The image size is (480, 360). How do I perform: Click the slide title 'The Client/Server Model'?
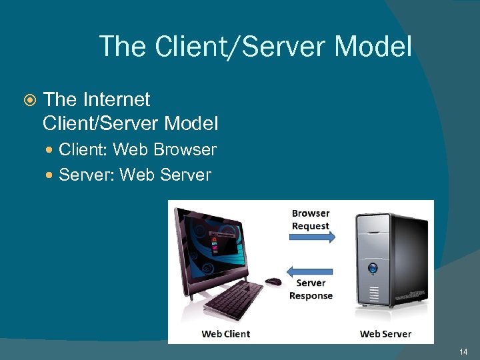point(255,46)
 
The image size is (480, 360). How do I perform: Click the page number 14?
point(464,351)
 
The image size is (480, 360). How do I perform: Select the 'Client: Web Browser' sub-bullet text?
point(137,150)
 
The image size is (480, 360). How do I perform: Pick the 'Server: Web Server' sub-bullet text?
point(135,175)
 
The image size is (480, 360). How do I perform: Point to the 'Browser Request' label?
point(311,219)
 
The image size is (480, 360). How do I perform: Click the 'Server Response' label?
point(311,289)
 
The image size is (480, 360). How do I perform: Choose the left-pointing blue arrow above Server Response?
point(309,271)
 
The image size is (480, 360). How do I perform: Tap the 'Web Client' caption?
point(225,333)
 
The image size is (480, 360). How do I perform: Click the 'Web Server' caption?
point(385,333)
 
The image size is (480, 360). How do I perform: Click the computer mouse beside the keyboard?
point(273,281)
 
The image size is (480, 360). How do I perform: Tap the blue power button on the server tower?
point(373,268)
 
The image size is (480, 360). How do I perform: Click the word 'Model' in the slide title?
point(373,46)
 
